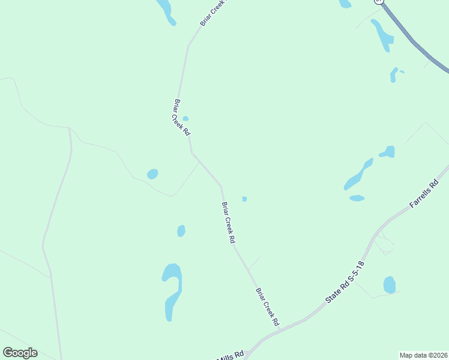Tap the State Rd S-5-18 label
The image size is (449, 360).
point(345,281)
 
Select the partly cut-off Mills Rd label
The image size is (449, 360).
point(231,356)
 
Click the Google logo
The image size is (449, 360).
point(20,353)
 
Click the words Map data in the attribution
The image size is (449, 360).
point(412,355)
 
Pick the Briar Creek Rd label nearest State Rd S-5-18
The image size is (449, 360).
point(268,307)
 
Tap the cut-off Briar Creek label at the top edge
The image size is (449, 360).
point(208,13)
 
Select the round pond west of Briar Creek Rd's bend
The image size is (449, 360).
point(152,174)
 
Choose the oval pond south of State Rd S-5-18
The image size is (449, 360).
point(390,284)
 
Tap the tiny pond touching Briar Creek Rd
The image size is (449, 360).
point(185,119)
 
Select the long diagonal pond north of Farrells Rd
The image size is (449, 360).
point(358,175)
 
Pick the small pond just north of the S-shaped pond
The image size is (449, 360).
point(181,231)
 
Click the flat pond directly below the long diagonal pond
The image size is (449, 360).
point(357,198)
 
